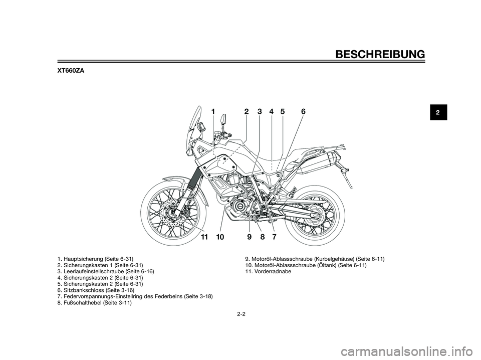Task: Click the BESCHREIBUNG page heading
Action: coord(380,54)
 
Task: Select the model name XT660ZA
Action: coord(71,71)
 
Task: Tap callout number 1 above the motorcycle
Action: coord(213,112)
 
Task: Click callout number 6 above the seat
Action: coord(303,112)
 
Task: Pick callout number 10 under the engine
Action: coord(220,237)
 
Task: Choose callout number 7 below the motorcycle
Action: coord(274,237)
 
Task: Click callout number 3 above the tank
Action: coord(260,112)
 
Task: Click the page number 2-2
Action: coord(241,314)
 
